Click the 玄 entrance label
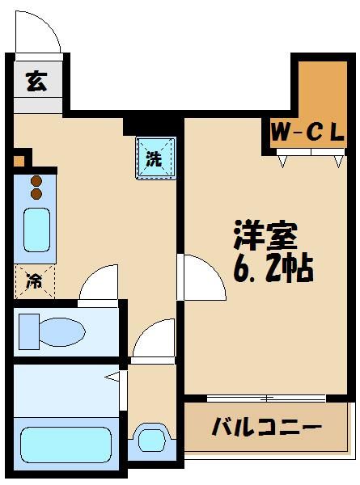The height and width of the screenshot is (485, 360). (36, 82)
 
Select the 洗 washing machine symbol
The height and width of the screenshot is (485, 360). (154, 158)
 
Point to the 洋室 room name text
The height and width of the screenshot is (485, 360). (265, 234)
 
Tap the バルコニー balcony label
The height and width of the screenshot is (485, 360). (267, 427)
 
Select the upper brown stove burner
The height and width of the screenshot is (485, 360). (36, 182)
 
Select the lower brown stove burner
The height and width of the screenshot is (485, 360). (36, 194)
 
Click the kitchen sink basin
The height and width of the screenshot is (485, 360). (36, 230)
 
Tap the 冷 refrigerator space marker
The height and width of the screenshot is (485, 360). (36, 282)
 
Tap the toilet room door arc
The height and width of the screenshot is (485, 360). (101, 285)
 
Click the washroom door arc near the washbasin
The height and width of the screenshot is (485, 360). (154, 339)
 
